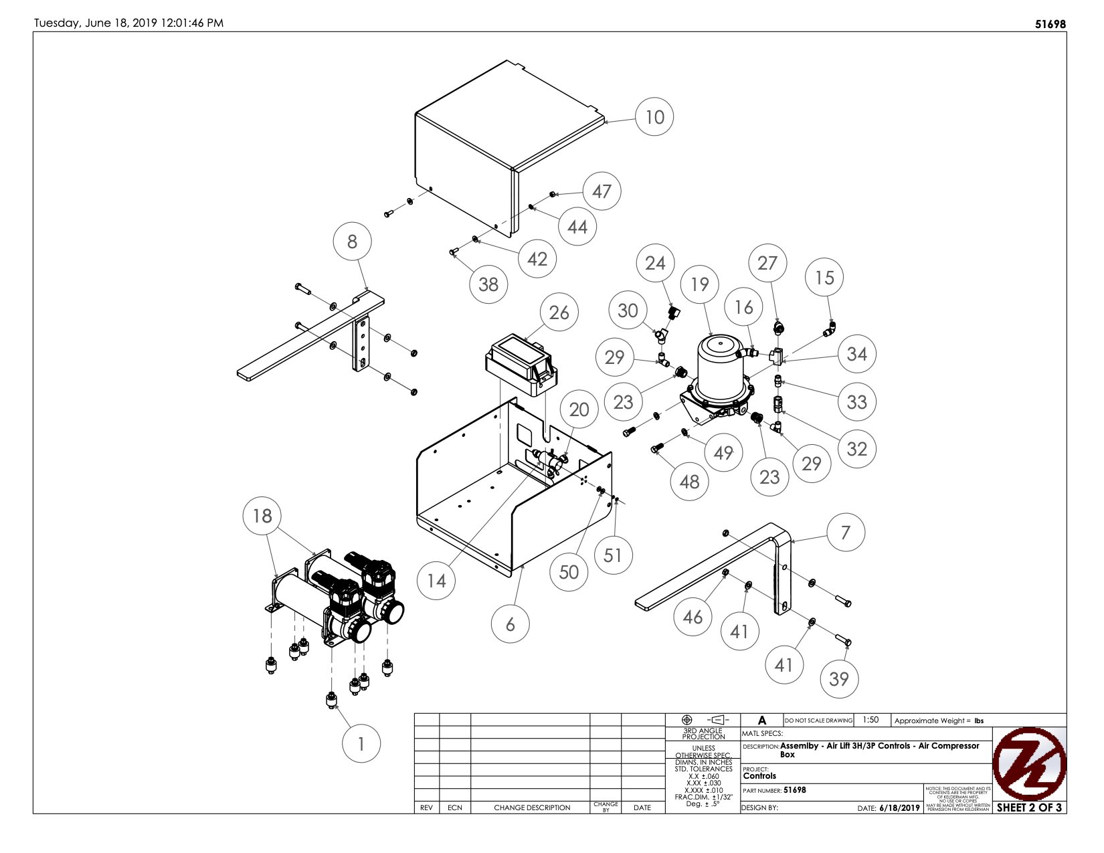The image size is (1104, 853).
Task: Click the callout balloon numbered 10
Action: pos(654,117)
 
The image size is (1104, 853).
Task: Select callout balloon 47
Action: pos(602,191)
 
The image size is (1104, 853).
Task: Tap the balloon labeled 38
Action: pos(488,284)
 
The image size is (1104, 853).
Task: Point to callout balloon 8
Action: pos(352,242)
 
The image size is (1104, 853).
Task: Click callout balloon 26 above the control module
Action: pos(559,312)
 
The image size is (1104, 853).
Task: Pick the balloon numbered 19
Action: pos(699,284)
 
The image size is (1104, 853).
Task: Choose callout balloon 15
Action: pos(824,277)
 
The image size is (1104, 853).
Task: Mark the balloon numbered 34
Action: pos(856,354)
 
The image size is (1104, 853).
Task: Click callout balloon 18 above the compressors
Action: pos(262,516)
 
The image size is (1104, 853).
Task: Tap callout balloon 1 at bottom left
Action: pos(361,744)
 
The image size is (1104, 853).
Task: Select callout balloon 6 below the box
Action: pos(510,624)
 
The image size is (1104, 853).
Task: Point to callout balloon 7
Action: pos(846,533)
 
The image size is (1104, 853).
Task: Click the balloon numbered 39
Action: pos(838,679)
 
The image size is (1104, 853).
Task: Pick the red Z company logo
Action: pos(1028,764)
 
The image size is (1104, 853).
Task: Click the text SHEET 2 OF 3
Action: pos(1029,808)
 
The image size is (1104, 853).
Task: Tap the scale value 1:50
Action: pos(870,720)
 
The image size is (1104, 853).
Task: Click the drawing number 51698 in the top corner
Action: pos(1050,24)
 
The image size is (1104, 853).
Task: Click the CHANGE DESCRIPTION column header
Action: pos(532,808)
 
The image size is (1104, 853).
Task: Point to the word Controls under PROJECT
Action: pos(759,776)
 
